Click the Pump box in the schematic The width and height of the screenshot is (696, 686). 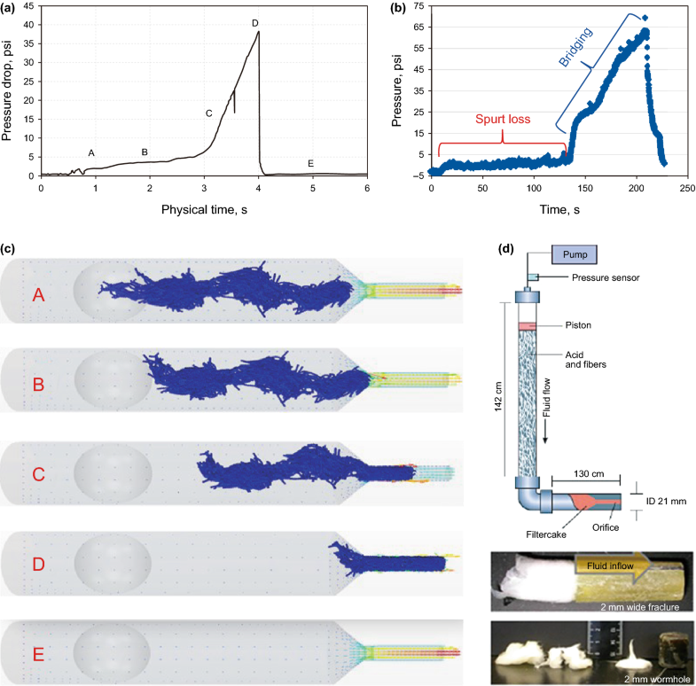(575, 253)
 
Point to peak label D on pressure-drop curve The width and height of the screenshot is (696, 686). (255, 23)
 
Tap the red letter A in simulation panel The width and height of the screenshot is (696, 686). (38, 295)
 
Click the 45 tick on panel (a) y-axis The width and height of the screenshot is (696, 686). (28, 6)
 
